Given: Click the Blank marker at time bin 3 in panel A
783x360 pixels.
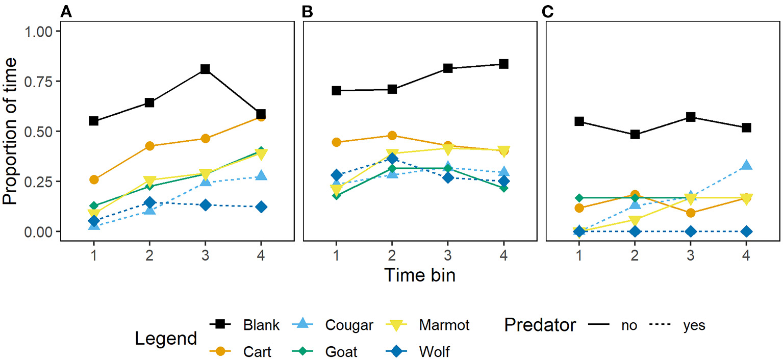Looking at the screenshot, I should [205, 69].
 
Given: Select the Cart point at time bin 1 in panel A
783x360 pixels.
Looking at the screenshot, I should [94, 179].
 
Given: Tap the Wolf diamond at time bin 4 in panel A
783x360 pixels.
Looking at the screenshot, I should [261, 207].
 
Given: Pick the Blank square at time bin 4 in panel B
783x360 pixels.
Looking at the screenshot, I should [503, 64].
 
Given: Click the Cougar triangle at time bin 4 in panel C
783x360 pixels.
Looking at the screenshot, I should [746, 165].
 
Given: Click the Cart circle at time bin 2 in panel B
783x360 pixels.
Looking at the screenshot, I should [392, 136].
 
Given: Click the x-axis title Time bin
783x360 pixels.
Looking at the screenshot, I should [420, 275].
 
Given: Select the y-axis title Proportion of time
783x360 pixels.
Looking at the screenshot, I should [11, 131].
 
